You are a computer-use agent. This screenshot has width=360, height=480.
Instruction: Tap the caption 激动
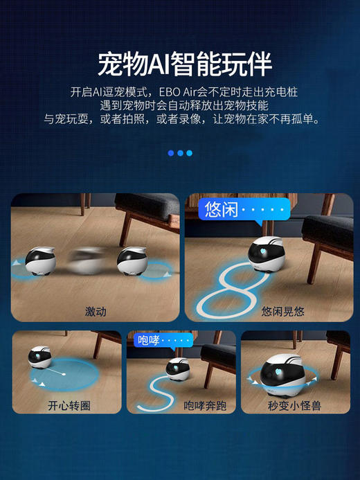(x=96, y=312)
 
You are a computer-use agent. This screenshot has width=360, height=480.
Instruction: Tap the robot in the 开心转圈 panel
(x=40, y=358)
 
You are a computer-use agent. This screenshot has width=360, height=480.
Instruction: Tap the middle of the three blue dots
(x=180, y=153)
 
